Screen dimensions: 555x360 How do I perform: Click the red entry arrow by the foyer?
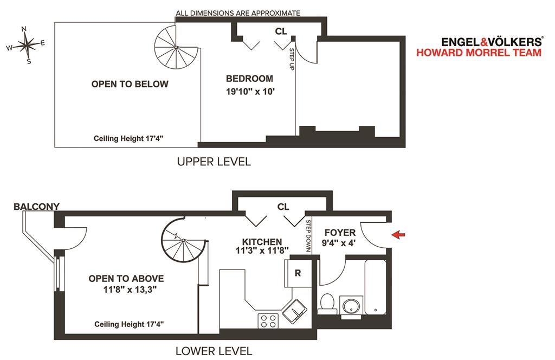click(398, 234)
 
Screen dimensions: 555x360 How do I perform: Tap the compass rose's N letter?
click(24, 29)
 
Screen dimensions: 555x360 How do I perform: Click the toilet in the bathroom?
click(327, 304)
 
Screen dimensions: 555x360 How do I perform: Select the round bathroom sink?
click(351, 306)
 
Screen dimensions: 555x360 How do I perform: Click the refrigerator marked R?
click(298, 273)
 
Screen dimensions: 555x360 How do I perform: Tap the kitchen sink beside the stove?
click(294, 312)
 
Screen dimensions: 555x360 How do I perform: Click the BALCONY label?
click(36, 207)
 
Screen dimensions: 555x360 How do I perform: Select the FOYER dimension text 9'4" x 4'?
click(338, 243)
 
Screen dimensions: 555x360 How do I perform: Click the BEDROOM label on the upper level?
click(249, 79)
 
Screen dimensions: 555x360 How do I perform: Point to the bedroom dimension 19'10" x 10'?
click(250, 91)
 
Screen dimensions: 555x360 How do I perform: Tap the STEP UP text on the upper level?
click(292, 59)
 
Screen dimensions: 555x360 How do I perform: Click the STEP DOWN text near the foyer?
click(308, 236)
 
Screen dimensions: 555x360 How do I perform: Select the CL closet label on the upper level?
click(281, 31)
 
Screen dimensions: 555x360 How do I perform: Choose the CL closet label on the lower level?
click(283, 207)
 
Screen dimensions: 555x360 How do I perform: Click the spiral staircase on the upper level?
click(176, 47)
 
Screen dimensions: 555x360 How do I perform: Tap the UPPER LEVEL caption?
click(214, 162)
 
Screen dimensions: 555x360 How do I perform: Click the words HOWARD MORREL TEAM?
click(479, 53)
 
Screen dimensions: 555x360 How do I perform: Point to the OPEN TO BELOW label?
click(130, 84)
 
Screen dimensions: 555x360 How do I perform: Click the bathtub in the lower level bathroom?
click(376, 287)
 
